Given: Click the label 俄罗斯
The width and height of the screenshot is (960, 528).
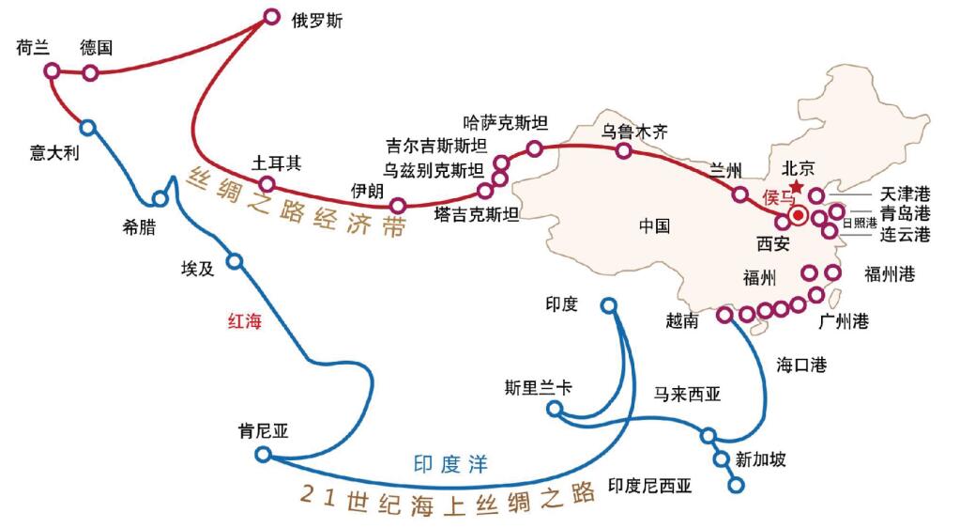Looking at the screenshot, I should [x=318, y=20].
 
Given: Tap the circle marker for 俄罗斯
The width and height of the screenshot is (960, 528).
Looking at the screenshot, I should [x=272, y=16].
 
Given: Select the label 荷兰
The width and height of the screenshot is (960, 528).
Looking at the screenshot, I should [x=33, y=48].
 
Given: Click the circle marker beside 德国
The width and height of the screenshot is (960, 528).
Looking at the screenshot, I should [x=90, y=72].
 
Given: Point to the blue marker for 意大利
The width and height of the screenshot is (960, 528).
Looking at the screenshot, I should [x=87, y=127].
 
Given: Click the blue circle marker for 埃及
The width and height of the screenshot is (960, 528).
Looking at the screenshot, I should [x=235, y=261].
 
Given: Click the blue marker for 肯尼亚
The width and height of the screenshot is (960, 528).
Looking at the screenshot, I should [x=263, y=455].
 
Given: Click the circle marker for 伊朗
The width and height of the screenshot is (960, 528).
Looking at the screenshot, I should [x=398, y=205].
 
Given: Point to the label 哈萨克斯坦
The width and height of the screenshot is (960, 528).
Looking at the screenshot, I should [x=506, y=123].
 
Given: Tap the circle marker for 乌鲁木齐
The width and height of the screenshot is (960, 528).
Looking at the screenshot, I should [x=623, y=150].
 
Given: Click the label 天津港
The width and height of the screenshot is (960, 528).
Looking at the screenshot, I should [x=905, y=194].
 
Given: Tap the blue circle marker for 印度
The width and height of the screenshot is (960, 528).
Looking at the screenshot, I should [x=610, y=305].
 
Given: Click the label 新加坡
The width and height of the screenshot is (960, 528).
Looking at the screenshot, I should [x=760, y=459].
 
